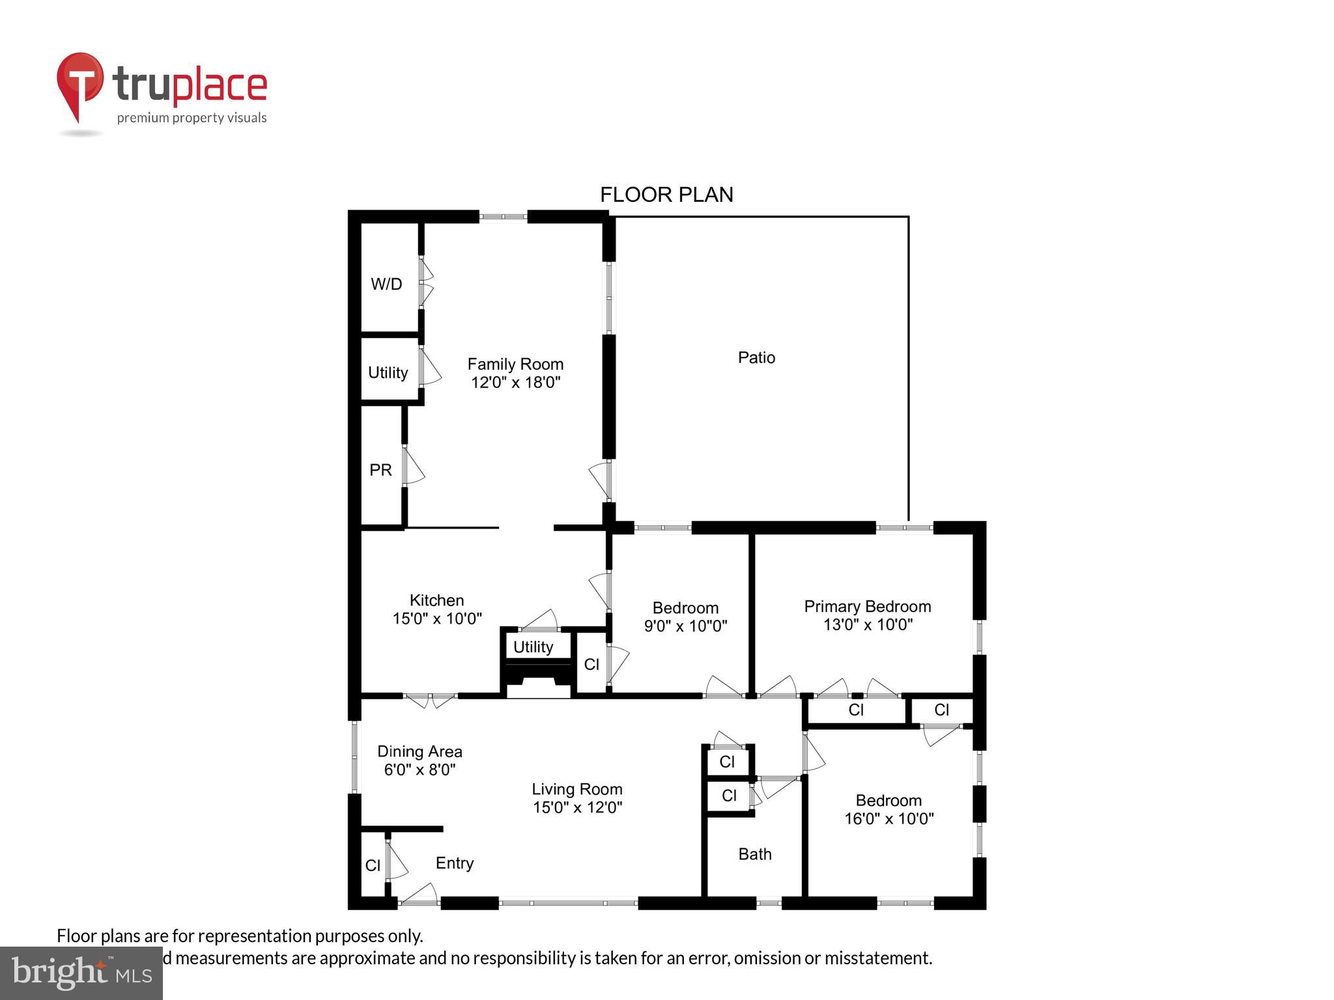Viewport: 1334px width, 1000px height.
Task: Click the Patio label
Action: (x=756, y=357)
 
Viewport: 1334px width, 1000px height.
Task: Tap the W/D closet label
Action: (x=386, y=284)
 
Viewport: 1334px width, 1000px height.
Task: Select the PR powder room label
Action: (x=380, y=470)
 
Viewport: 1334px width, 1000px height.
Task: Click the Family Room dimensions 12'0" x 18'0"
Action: (x=515, y=382)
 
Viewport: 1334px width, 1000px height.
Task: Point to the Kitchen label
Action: (x=436, y=600)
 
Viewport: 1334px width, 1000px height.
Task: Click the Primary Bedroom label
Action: (x=867, y=607)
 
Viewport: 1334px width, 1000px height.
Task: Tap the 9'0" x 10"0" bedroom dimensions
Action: (x=685, y=626)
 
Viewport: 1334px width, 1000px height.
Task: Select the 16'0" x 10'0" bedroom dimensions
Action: (x=889, y=819)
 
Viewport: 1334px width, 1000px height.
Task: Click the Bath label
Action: (x=755, y=854)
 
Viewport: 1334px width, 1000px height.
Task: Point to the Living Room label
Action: (x=577, y=789)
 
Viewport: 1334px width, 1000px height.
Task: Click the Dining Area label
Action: (x=419, y=751)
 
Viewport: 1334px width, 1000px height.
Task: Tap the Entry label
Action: (x=454, y=863)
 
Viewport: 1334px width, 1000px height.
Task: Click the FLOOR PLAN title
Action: (x=666, y=195)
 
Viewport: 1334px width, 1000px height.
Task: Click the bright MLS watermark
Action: (x=81, y=973)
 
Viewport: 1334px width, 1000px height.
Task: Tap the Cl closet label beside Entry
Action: (x=373, y=865)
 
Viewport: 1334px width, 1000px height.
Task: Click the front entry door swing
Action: (x=419, y=895)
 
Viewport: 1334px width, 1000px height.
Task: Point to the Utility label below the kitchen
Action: (x=533, y=647)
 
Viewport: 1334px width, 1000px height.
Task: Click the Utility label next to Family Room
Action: (x=388, y=372)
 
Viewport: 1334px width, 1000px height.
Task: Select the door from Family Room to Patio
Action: (x=601, y=480)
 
